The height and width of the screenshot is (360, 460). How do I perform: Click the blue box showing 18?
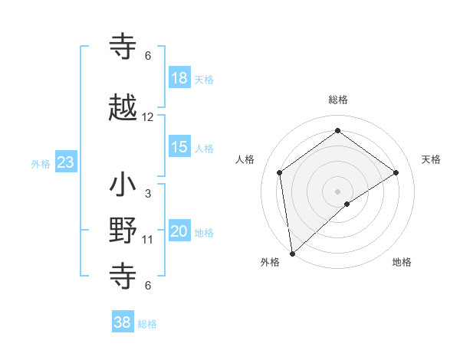tap(179, 77)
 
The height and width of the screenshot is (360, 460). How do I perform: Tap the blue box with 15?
tap(179, 147)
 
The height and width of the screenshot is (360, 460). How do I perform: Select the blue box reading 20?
tap(179, 231)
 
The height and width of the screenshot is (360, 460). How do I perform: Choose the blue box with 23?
tap(65, 162)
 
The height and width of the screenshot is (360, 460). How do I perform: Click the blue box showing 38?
tap(123, 322)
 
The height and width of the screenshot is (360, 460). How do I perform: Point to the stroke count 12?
tap(148, 117)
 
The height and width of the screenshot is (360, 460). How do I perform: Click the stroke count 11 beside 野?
tap(148, 240)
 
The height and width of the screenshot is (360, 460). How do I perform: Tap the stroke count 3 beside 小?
tap(148, 194)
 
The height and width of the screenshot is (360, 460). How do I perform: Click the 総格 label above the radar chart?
tap(337, 100)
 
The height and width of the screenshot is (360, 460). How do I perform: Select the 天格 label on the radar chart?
tap(432, 159)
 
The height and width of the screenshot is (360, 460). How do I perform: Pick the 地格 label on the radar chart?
tap(402, 262)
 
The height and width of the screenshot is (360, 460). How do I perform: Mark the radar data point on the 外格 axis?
tap(291, 253)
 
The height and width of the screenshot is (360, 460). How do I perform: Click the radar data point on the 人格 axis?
tap(280, 172)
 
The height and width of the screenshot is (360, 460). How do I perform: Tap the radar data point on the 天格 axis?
tap(396, 172)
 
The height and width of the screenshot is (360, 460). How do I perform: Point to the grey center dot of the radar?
tap(337, 191)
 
